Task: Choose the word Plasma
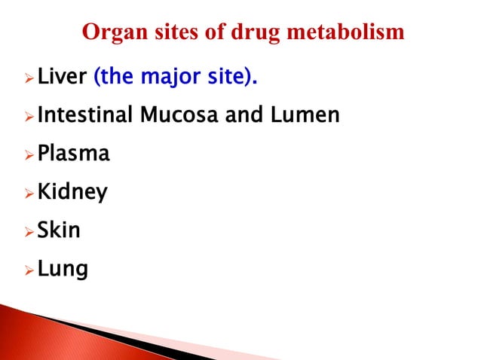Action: click(73, 154)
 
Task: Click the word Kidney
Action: click(71, 193)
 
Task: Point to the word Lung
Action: click(62, 268)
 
